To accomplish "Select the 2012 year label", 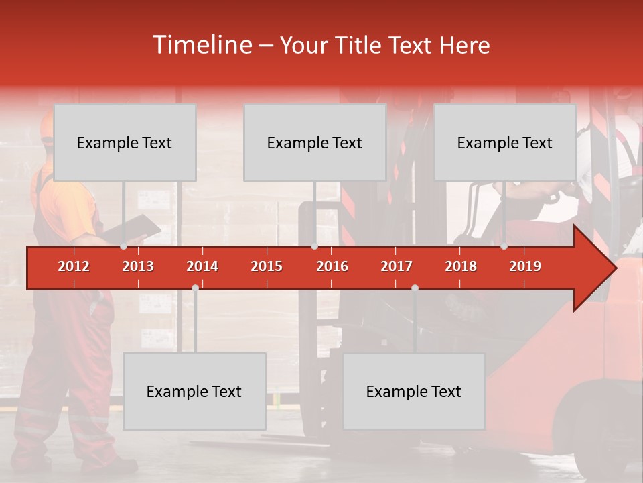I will coord(74,266).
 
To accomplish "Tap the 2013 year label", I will coord(138,266).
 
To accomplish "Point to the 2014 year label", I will coord(202,266).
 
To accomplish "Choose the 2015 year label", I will coord(267,266).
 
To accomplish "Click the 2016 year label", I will coord(332,266).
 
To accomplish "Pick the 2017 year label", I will coord(397,266).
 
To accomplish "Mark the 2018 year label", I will coord(461,266).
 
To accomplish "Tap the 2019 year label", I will coord(525,266).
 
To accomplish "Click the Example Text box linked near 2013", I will coord(125,143).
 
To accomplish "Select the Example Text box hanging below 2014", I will coord(194,391).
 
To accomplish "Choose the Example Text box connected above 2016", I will coord(315,143).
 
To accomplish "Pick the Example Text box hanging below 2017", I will coord(414,391).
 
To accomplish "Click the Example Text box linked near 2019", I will coord(505,143).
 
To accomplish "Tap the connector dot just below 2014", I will coord(195,288).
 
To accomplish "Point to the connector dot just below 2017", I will coord(415,288).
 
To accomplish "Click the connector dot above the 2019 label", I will coord(504,246).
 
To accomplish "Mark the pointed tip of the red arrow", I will coord(615,268).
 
